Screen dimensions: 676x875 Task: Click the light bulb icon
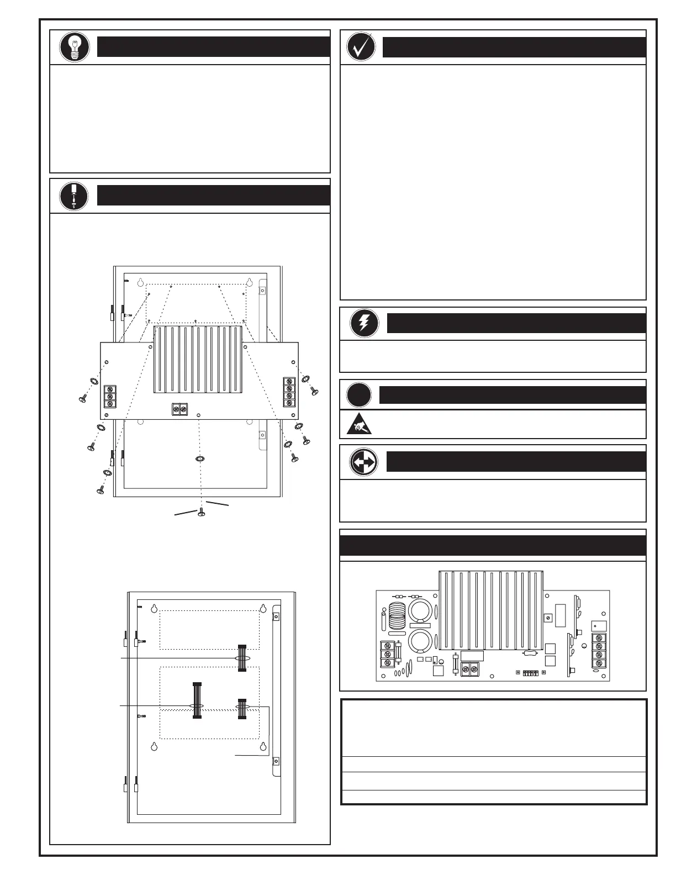click(75, 47)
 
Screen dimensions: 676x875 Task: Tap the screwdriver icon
click(75, 196)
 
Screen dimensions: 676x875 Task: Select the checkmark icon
click(361, 47)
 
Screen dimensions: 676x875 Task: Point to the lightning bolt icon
click(365, 323)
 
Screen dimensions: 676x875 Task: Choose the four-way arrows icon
click(364, 461)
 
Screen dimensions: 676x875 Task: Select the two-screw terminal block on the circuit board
click(469, 670)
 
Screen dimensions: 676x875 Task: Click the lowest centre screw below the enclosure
click(202, 513)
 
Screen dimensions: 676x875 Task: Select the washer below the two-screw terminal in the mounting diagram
click(200, 458)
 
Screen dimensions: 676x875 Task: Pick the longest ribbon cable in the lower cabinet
click(197, 700)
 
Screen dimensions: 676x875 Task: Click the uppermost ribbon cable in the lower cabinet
click(241, 658)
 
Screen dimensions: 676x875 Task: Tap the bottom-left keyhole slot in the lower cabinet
click(154, 747)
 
